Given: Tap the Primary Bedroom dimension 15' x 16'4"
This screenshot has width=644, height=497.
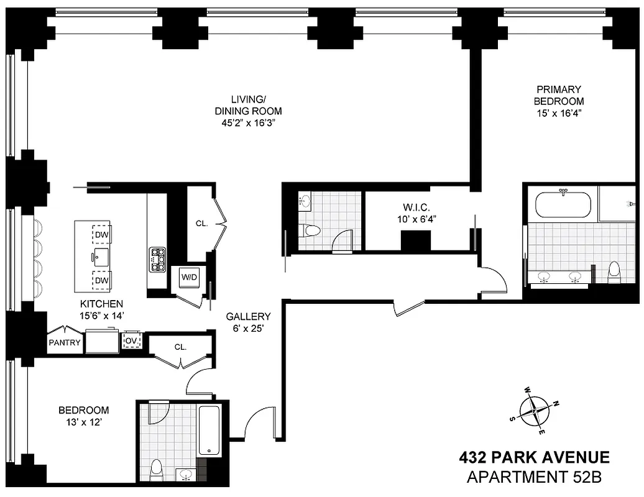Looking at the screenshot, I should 559,113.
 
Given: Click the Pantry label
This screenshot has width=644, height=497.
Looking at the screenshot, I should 65,342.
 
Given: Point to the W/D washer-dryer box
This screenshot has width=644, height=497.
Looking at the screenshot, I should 189,277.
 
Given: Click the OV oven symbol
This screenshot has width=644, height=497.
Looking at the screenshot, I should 131,341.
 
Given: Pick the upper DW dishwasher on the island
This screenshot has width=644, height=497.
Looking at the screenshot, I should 101,234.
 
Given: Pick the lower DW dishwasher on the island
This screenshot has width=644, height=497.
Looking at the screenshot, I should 101,280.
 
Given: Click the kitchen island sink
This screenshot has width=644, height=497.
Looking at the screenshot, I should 101,256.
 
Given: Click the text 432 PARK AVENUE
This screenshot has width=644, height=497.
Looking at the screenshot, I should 534,458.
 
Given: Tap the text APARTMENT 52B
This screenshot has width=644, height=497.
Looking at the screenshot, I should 534,477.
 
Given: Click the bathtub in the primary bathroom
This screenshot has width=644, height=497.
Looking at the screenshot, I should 563,205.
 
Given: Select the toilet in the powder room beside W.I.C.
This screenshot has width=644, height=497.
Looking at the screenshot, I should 309,231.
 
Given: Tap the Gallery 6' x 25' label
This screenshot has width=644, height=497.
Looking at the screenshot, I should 248,322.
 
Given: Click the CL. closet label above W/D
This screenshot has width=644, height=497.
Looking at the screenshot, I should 201,223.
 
